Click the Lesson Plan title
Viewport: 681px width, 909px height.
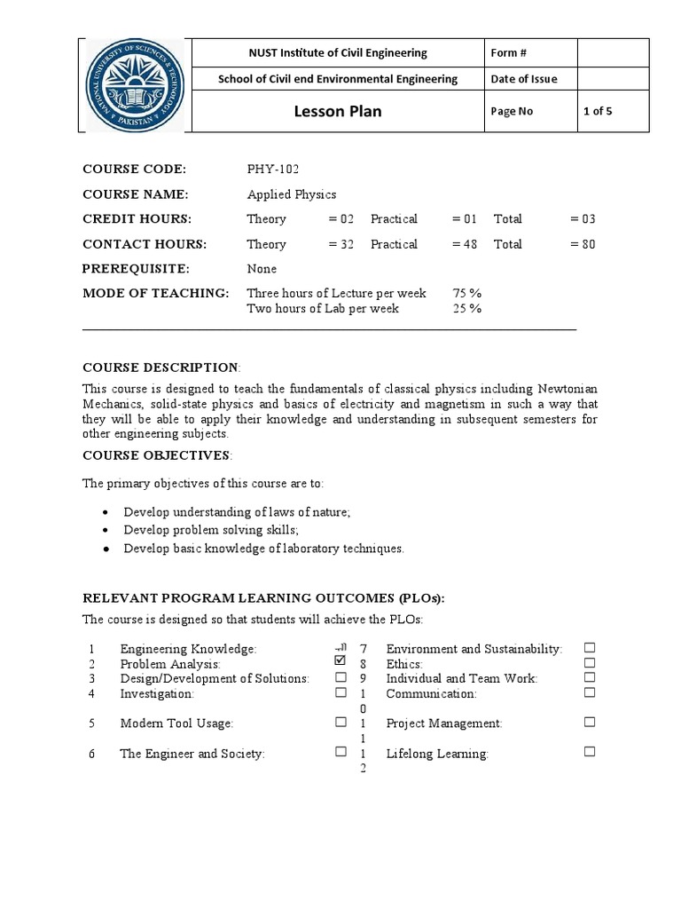click(337, 112)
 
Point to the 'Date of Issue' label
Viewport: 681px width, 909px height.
click(524, 79)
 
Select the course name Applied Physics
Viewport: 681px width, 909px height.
click(292, 194)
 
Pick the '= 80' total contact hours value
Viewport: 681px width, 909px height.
click(583, 244)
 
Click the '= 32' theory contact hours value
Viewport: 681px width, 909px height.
click(340, 244)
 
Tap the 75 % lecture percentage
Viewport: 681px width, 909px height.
click(466, 293)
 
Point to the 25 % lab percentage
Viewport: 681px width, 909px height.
click(466, 309)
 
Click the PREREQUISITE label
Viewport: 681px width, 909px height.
click(136, 269)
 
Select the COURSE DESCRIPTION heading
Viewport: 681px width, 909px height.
click(160, 368)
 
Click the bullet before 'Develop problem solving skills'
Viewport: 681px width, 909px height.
click(106, 531)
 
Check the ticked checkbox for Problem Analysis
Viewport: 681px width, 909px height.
click(340, 661)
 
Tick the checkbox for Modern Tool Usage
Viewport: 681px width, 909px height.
click(340, 722)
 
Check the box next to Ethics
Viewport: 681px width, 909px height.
click(590, 662)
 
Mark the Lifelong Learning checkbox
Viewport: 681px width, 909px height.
click(590, 752)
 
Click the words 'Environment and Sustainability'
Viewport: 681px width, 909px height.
click(474, 650)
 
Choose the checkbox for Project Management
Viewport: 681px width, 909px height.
click(590, 722)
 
